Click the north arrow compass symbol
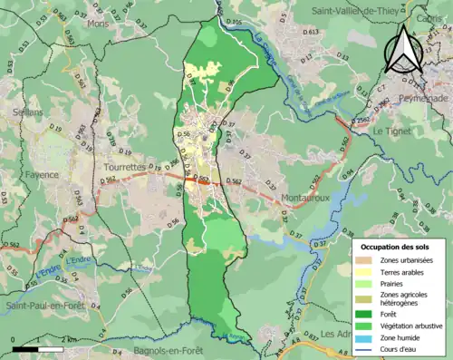click(405, 47)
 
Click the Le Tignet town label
click(392, 131)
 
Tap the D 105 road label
click(234, 21)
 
